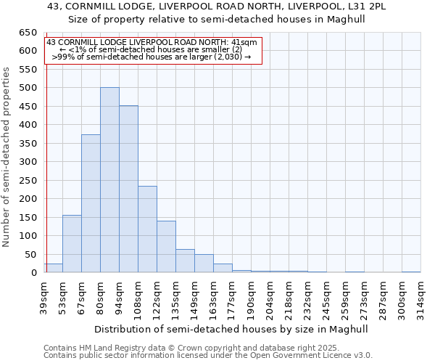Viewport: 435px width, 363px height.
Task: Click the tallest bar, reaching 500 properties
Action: [109, 180]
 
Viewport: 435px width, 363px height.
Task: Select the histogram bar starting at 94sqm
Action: [128, 189]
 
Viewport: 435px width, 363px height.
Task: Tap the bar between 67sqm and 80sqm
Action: [91, 203]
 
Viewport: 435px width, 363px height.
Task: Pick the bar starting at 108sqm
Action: [147, 229]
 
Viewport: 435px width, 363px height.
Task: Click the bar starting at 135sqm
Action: [185, 261]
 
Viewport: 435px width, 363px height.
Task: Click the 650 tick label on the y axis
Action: [28, 33]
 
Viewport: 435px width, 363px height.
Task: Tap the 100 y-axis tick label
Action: [28, 236]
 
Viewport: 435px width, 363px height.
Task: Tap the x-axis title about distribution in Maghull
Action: [231, 329]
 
